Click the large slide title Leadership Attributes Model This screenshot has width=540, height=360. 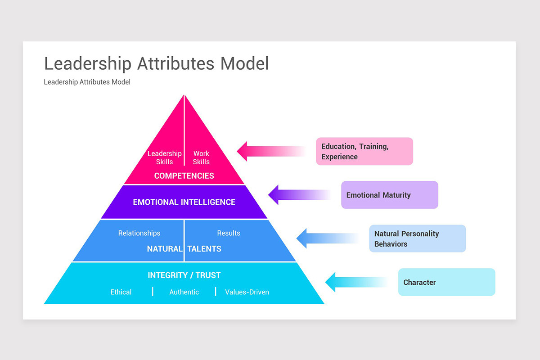point(156,63)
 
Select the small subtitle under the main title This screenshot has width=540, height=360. point(87,82)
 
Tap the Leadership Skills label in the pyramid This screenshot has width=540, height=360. point(164,157)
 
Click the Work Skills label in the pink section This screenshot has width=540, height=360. point(201,157)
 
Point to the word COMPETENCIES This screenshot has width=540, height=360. point(184,176)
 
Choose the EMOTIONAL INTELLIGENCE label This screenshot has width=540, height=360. point(184,202)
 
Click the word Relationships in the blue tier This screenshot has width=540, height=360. point(139,233)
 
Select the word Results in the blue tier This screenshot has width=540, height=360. point(229,233)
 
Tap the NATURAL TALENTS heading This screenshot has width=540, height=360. point(184,249)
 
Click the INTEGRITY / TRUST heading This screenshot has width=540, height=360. point(184,275)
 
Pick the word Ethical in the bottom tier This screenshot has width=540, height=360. point(121,292)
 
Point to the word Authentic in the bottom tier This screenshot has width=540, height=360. point(184,292)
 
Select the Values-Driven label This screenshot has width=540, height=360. point(247,292)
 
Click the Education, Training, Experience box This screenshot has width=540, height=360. point(364,152)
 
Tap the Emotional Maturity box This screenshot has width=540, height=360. point(389,195)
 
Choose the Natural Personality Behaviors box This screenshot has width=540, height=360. point(417,238)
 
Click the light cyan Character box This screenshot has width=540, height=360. point(446,282)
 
